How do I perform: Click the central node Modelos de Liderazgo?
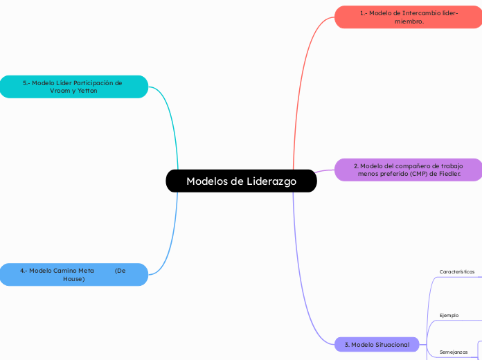click(x=241, y=181)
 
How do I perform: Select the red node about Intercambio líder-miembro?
click(x=408, y=17)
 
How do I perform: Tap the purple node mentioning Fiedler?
click(x=408, y=170)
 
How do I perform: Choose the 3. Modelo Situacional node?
click(x=377, y=344)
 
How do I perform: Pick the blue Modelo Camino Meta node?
click(x=73, y=274)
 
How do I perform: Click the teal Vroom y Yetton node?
click(x=73, y=87)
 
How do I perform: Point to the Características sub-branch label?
click(x=457, y=272)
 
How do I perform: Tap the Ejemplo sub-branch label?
click(x=449, y=316)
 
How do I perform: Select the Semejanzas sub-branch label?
click(x=454, y=352)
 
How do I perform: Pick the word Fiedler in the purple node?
click(x=448, y=174)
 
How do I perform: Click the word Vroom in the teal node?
click(x=60, y=91)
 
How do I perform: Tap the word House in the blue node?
click(x=73, y=278)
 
